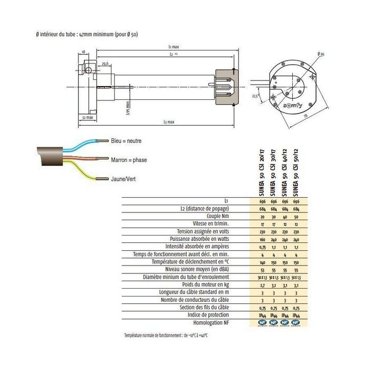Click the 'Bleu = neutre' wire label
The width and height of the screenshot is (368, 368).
(x=126, y=141)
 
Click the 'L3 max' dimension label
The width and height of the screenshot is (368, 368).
(x=168, y=121)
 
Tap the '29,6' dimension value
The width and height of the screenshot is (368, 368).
(x=105, y=64)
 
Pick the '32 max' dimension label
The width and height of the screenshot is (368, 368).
(x=87, y=118)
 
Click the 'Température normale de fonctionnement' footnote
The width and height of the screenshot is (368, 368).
(x=165, y=335)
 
